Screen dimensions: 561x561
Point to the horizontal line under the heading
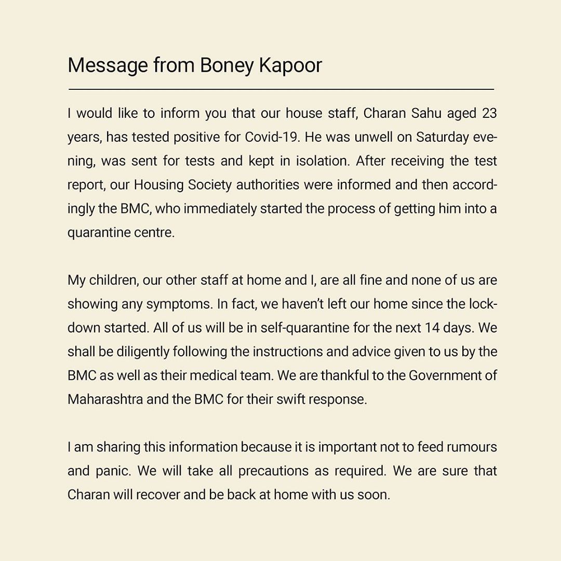point(280,89)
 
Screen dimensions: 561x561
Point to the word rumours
point(471,447)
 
